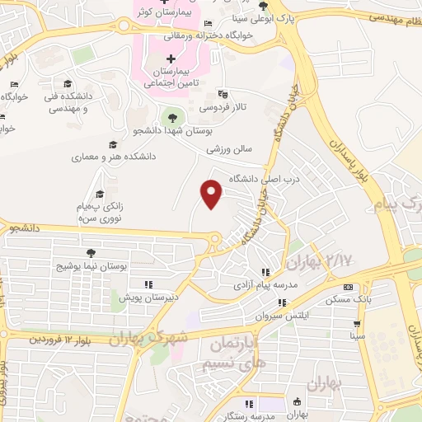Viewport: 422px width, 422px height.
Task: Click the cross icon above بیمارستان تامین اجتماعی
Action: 171,59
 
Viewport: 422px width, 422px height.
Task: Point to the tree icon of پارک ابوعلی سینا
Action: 263,7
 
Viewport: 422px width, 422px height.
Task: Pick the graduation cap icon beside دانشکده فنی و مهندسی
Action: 67,84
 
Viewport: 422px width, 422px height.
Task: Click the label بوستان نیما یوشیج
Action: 91,268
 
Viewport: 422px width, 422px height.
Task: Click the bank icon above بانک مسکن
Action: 349,287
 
